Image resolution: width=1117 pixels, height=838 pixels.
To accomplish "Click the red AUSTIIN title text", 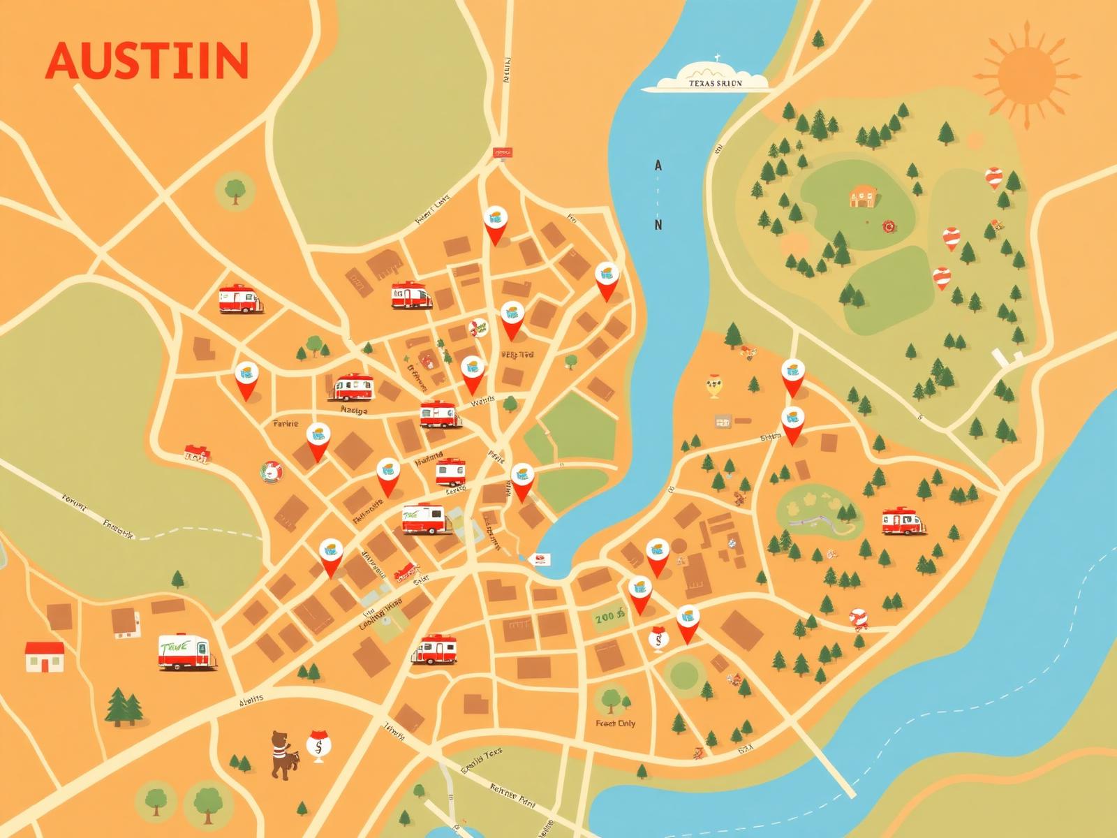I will point(147,61).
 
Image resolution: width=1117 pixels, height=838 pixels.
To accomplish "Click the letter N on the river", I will point(658,225).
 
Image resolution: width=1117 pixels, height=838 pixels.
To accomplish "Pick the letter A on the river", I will point(658,166).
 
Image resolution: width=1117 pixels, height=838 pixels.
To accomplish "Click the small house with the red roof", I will point(45,656).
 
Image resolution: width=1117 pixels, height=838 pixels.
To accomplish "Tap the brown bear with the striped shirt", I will point(281,754).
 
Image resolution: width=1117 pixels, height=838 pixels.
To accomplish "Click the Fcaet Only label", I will point(615,723).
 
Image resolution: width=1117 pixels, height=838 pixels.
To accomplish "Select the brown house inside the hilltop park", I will point(863,196).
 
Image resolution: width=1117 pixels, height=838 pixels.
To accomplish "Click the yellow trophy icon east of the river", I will point(713,386).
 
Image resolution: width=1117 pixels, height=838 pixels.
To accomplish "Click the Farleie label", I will point(285,424).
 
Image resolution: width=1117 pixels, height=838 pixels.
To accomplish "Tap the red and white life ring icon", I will point(271,472).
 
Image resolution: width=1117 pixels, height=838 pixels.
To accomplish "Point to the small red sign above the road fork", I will point(502,152).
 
